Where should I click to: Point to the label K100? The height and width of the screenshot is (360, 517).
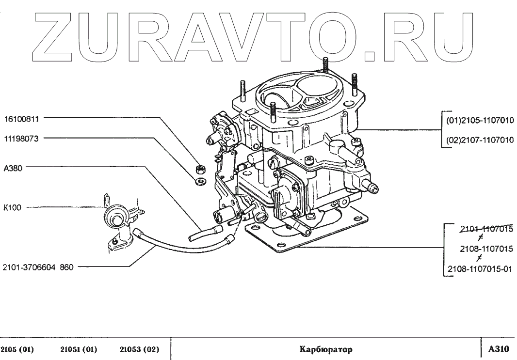pyautogui.click(x=13, y=206)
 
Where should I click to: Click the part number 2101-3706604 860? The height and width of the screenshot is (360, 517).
pyautogui.click(x=38, y=266)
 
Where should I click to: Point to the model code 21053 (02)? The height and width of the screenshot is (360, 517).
pyautogui.click(x=140, y=349)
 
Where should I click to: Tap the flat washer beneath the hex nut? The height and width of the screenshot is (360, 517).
pyautogui.click(x=199, y=181)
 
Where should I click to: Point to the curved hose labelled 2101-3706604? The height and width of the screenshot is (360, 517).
pyautogui.click(x=160, y=244)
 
